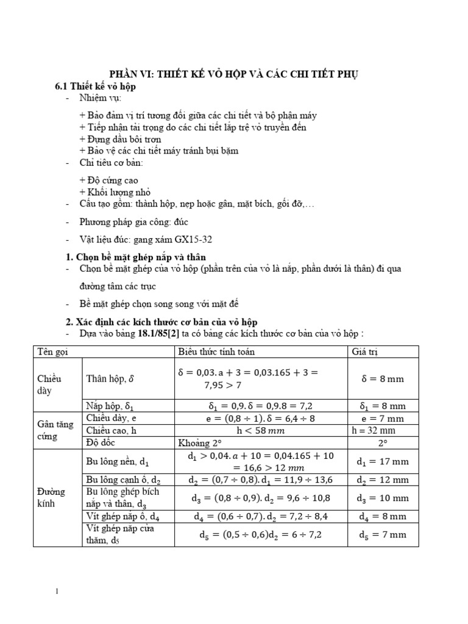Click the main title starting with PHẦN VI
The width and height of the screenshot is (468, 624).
[233, 74]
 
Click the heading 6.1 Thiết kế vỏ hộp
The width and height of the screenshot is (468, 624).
[95, 87]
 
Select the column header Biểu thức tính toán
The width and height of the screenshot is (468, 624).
[216, 352]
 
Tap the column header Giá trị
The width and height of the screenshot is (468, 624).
[365, 352]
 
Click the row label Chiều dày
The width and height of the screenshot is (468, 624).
[49, 385]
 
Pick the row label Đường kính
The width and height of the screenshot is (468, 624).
[52, 497]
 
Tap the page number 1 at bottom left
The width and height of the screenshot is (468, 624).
[57, 591]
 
